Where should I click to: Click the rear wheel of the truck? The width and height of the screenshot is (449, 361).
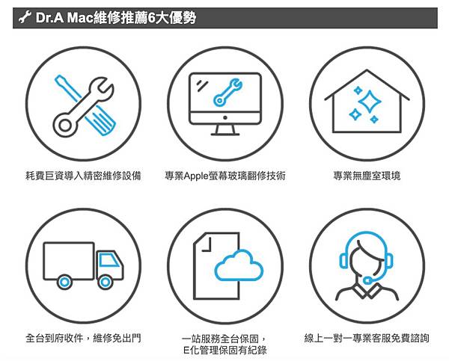pos(65,281)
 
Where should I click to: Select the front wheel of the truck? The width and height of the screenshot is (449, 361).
pos(106,281)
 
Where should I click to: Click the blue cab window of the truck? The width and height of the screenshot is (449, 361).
pos(110,260)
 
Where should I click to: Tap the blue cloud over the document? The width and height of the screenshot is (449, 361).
pos(239,268)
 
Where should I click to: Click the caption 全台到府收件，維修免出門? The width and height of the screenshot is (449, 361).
pos(82,338)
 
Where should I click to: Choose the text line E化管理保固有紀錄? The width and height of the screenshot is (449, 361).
pos(224,350)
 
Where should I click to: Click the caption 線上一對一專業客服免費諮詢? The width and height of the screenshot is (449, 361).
pos(367,338)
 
